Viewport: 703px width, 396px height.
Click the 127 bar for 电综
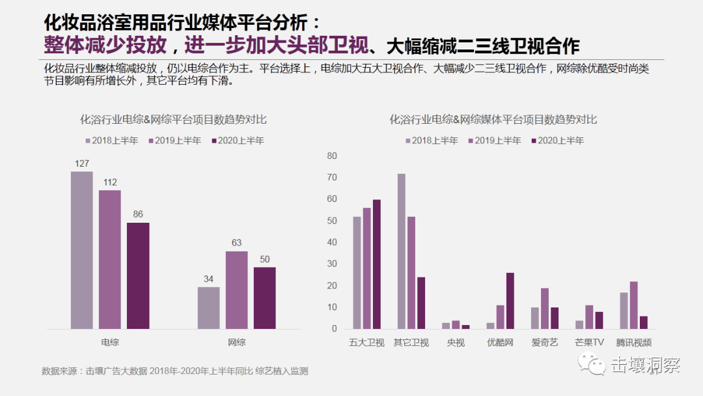[x=82, y=250]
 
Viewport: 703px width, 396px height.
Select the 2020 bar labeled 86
[x=138, y=276]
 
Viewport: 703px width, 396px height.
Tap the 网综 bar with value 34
[x=209, y=307]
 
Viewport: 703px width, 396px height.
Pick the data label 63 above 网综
[x=237, y=243]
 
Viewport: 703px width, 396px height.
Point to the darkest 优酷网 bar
[x=510, y=300]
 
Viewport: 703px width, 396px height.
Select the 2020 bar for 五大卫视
[x=377, y=264]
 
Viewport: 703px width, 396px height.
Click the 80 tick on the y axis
[x=332, y=156]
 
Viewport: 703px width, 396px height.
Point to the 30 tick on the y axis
[x=332, y=264]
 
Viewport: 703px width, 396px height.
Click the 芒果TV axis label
[x=589, y=343]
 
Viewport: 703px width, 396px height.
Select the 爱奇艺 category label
[x=544, y=343]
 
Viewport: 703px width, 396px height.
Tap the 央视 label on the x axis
[x=456, y=343]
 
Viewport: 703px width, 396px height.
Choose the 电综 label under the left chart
[x=110, y=342]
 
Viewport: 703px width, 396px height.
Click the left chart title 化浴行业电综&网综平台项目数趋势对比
[x=173, y=120]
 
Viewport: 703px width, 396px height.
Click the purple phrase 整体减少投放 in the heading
[x=109, y=46]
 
